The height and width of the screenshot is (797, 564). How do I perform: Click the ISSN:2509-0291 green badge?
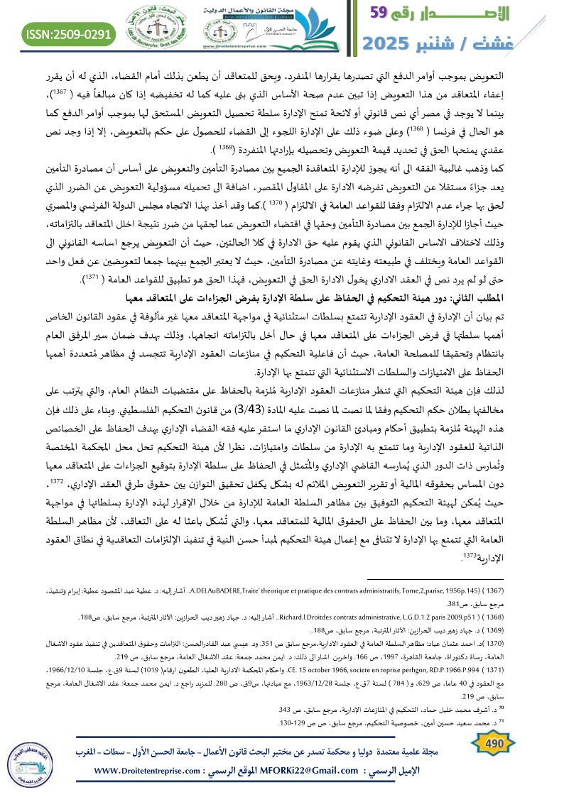69,33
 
